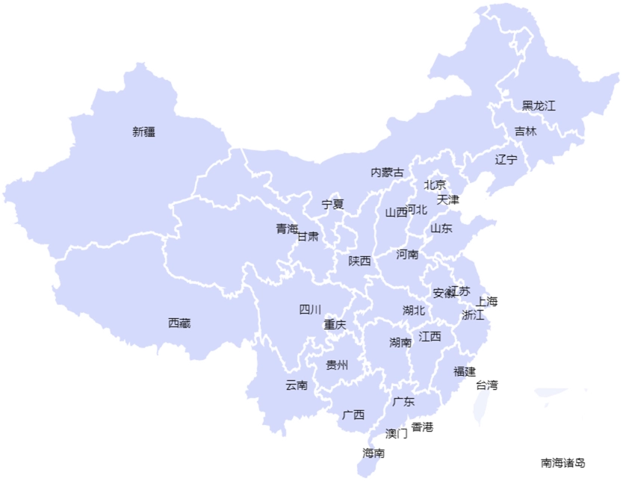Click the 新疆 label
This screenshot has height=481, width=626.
pyautogui.click(x=144, y=132)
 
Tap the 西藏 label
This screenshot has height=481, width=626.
pyautogui.click(x=179, y=323)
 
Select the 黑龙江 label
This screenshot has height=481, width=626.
pyautogui.click(x=539, y=105)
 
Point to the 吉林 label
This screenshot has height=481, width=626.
pyautogui.click(x=525, y=131)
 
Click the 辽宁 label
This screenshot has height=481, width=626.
pyautogui.click(x=506, y=159)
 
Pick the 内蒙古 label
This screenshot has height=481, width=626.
pyautogui.click(x=387, y=173)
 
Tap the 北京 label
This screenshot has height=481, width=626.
pyautogui.click(x=435, y=184)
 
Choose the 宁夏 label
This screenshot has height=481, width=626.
pyautogui.click(x=332, y=204)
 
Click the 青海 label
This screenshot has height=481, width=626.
pyautogui.click(x=287, y=229)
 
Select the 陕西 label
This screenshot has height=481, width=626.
pyautogui.click(x=359, y=261)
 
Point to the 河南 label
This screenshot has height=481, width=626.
pyautogui.click(x=407, y=254)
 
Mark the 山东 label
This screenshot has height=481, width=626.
pyautogui.click(x=441, y=229)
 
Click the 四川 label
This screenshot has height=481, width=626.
pyautogui.click(x=310, y=309)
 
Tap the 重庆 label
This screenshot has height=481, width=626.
pyautogui.click(x=335, y=325)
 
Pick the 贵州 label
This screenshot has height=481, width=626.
pyautogui.click(x=337, y=365)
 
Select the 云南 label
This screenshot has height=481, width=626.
pyautogui.click(x=296, y=385)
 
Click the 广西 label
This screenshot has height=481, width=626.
pyautogui.click(x=353, y=415)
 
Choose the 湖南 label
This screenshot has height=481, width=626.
pyautogui.click(x=400, y=343)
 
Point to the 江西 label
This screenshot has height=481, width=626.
pyautogui.click(x=430, y=336)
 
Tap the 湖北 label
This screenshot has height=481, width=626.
pyautogui.click(x=413, y=310)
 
